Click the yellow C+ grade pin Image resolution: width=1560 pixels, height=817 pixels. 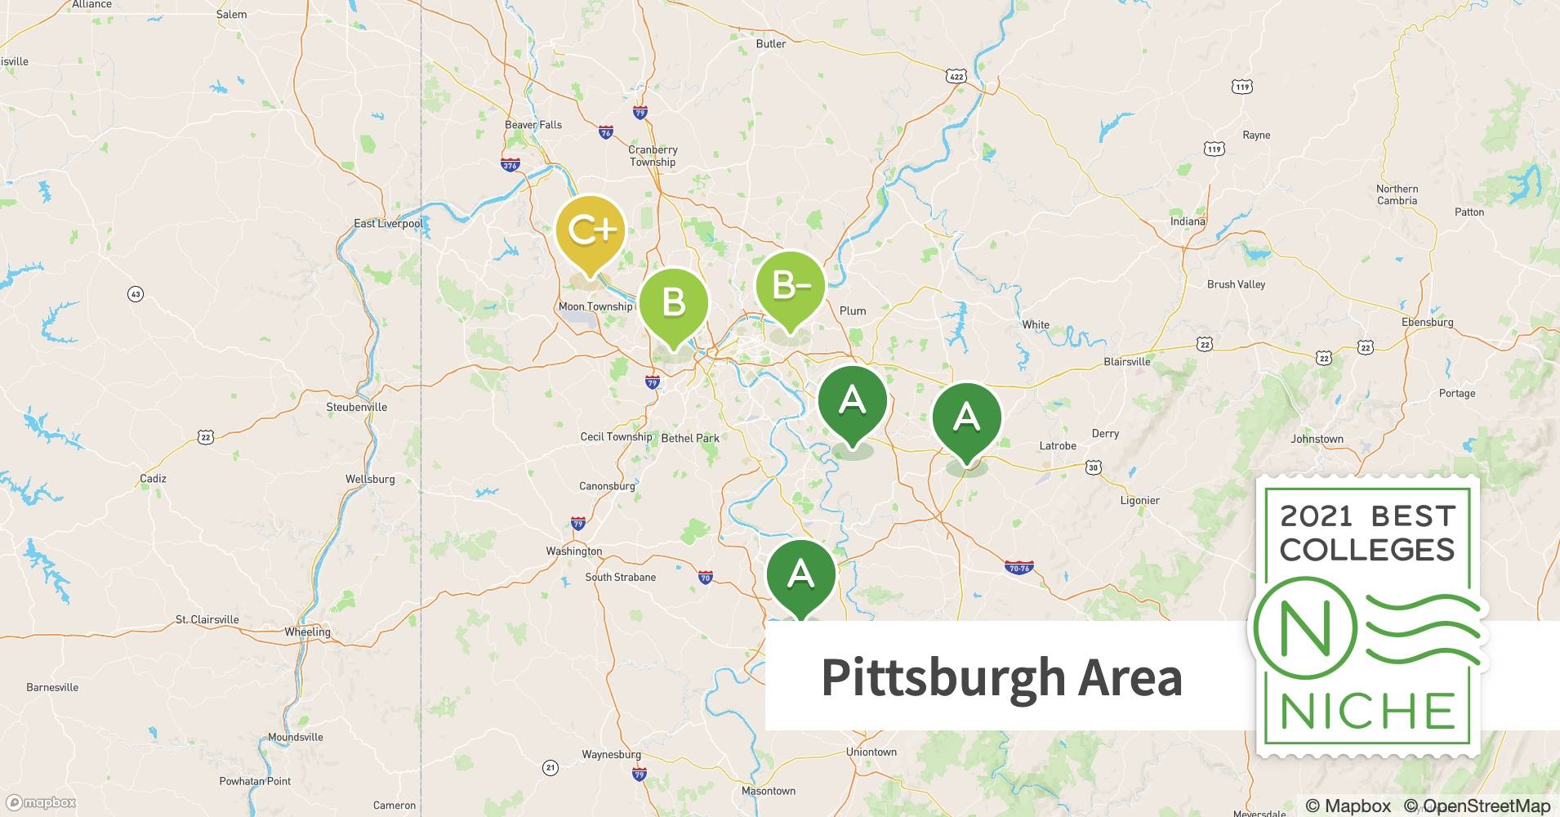[x=591, y=232]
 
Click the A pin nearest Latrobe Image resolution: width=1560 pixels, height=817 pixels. [x=966, y=418]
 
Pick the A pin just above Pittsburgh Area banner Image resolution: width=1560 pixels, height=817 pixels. [x=800, y=575]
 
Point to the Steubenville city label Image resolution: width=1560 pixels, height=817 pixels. [x=356, y=407]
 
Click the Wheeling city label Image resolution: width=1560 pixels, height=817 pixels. [x=307, y=632]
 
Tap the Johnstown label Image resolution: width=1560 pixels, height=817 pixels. [x=1317, y=439]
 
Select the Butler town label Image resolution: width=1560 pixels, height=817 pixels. [x=770, y=44]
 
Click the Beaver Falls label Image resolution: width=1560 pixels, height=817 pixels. [x=533, y=125]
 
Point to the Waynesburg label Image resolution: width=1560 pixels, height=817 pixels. [x=611, y=754]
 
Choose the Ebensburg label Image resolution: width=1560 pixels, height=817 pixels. [x=1427, y=322]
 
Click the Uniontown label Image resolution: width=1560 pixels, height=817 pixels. [x=871, y=752]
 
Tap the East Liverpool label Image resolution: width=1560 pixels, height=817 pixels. [x=389, y=223]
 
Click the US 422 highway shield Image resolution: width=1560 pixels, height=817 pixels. [x=956, y=76]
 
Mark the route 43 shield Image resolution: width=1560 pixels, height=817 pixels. [x=136, y=294]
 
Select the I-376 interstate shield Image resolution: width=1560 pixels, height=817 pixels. [x=510, y=165]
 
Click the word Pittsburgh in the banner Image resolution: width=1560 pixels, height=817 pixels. [x=943, y=677]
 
